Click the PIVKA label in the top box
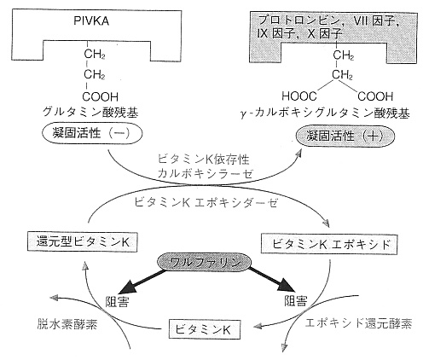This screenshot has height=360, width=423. [91, 21]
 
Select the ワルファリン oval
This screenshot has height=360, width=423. [204, 263]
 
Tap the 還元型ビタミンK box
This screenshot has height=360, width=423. [83, 242]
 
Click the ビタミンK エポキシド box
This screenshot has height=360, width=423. [329, 244]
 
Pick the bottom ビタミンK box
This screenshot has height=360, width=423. [204, 329]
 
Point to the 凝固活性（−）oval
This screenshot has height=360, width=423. [92, 134]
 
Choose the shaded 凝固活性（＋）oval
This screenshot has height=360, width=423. [345, 136]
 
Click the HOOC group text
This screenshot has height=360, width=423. [299, 96]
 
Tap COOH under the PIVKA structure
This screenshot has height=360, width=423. [100, 97]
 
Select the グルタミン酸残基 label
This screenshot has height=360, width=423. [90, 113]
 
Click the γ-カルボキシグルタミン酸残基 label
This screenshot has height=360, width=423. [325, 113]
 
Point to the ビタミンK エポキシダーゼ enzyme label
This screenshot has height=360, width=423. [206, 203]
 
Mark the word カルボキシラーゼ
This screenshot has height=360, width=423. [205, 173]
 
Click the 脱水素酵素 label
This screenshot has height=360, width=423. [67, 324]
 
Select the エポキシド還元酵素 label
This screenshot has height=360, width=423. [358, 323]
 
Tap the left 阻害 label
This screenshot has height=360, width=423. [117, 302]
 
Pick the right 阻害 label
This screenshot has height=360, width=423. [296, 300]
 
